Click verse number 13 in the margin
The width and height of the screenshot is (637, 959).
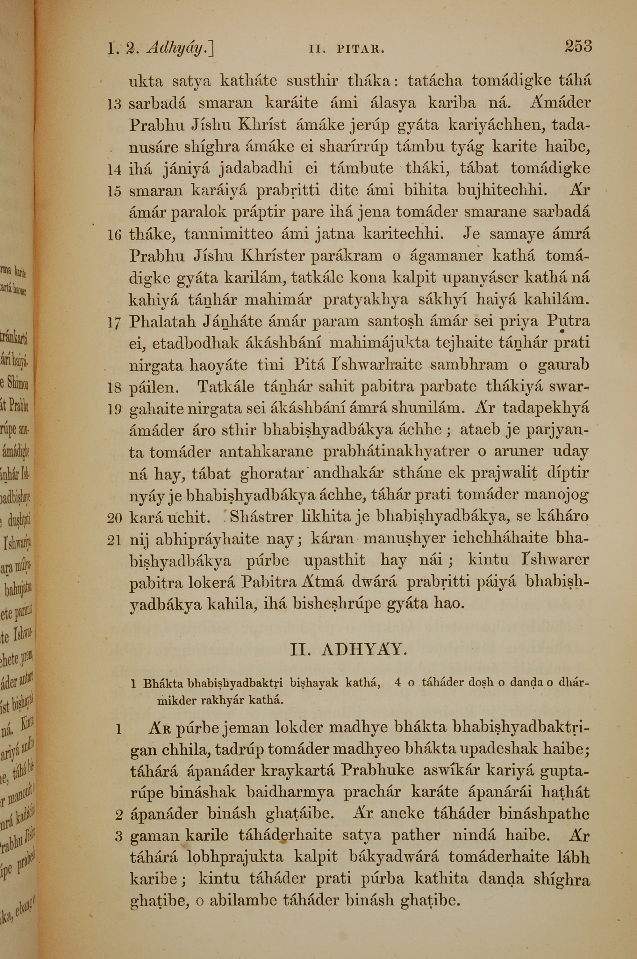click(x=114, y=105)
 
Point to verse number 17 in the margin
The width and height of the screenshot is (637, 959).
click(x=114, y=324)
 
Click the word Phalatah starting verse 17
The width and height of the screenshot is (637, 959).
click(x=162, y=322)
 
